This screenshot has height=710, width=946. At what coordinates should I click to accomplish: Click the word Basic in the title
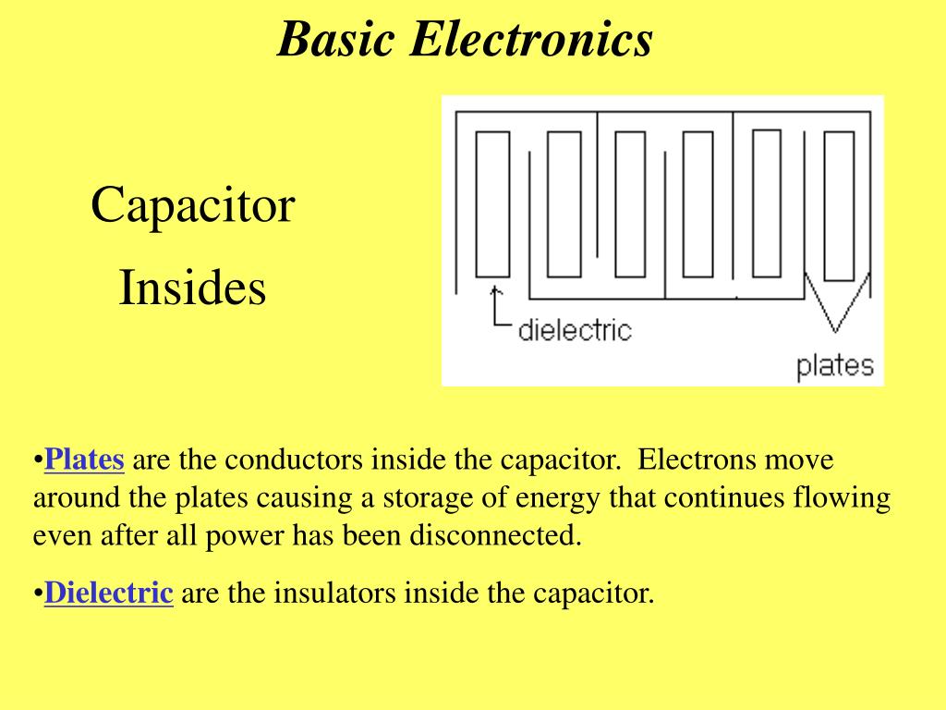pos(337,40)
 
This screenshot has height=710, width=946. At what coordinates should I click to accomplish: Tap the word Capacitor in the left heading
pos(192,205)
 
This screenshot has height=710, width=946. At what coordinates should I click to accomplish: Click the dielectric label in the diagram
pos(574,330)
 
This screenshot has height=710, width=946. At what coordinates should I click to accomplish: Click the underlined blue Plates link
pos(84,459)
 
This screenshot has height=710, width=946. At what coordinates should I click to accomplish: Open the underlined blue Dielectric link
pos(109,593)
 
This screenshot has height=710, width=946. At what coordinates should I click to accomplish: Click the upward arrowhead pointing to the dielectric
pos(496,291)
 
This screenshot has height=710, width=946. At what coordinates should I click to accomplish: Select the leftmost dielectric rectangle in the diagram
pos(492,204)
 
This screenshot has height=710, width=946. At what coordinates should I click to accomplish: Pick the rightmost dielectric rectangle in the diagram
pos(838,205)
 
